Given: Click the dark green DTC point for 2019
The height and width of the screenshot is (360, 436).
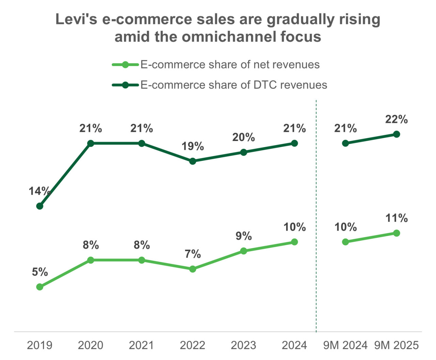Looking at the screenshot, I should pyautogui.click(x=40, y=206).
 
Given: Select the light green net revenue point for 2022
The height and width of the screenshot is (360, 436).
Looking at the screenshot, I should pyautogui.click(x=193, y=269).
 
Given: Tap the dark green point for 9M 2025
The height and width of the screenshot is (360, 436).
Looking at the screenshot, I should pyautogui.click(x=396, y=134).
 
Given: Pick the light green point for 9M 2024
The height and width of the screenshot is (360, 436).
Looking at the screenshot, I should pyautogui.click(x=345, y=242).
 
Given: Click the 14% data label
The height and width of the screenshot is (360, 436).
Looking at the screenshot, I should pyautogui.click(x=40, y=191).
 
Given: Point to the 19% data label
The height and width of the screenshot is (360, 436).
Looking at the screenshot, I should pyautogui.click(x=192, y=146).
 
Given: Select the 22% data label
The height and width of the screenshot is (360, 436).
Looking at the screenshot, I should pyautogui.click(x=396, y=120).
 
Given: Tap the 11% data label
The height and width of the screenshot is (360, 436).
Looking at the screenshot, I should pyautogui.click(x=396, y=218).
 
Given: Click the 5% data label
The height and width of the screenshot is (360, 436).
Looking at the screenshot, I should pyautogui.click(x=40, y=272).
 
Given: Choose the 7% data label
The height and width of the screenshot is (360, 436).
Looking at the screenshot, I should pyautogui.click(x=193, y=254).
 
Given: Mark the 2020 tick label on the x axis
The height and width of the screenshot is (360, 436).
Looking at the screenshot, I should pyautogui.click(x=91, y=345).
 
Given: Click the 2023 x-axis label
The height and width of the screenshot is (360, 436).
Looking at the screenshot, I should pyautogui.click(x=244, y=345).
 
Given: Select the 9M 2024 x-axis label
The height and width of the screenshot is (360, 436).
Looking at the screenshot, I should pyautogui.click(x=345, y=345).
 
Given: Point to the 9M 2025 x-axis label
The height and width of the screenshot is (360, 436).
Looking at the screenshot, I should pyautogui.click(x=396, y=345).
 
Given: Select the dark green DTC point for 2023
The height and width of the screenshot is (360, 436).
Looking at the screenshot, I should pyautogui.click(x=244, y=152).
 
